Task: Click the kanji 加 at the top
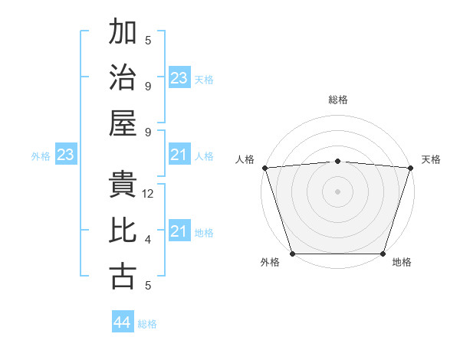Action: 123,33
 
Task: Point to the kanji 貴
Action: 123,186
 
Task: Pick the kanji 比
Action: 123,231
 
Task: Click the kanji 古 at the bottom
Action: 123,276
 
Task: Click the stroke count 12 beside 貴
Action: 149,194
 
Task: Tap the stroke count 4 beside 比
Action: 148,240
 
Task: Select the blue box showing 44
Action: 123,322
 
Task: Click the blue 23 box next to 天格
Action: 179,78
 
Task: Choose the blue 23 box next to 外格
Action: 66,155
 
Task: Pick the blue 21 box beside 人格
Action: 179,155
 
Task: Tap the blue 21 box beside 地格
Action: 179,231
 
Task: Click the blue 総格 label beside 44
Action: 147,324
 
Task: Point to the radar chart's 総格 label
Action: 338,100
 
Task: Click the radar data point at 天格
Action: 410,168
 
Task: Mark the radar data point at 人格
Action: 264,168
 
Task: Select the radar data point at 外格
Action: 293,254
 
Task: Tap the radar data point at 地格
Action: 383,254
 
